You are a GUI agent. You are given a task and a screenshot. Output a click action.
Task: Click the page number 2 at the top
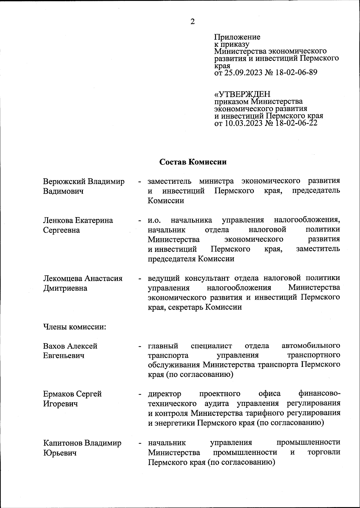point(192,22)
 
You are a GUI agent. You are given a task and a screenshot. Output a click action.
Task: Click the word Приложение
point(237,37)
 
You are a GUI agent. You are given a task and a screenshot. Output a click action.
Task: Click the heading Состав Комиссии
point(193,162)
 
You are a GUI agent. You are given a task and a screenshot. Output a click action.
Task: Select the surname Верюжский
point(64,182)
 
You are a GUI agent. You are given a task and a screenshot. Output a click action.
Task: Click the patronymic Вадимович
point(63,191)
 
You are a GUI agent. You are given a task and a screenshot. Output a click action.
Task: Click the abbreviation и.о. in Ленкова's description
point(155,220)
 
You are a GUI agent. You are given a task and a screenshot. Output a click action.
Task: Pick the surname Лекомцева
point(63,278)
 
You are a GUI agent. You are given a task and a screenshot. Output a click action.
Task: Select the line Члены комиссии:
point(74,327)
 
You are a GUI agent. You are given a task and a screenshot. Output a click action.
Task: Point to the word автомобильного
point(311,346)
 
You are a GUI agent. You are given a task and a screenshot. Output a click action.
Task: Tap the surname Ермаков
point(58,394)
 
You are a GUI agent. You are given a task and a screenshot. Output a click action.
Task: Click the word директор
point(165,394)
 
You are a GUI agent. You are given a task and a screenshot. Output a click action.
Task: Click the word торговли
point(324,452)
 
